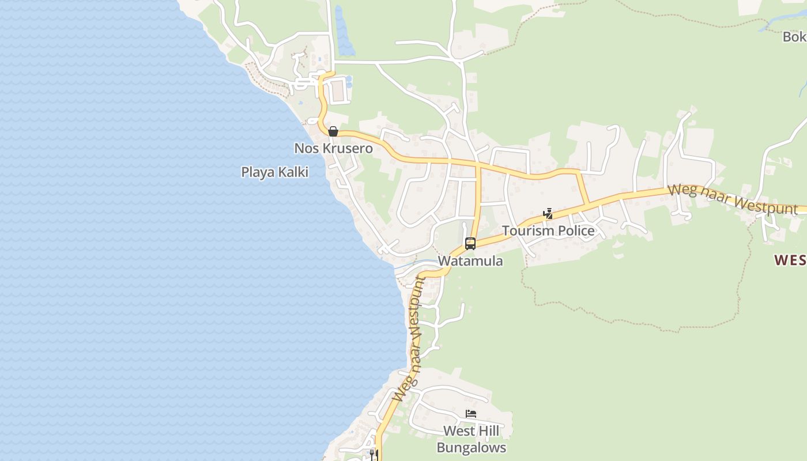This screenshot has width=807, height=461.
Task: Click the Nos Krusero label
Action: coord(333,149)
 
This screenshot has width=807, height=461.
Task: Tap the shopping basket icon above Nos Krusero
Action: coord(333,131)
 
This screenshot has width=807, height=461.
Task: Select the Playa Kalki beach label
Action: coord(274,172)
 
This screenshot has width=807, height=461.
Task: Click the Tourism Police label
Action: coord(548,231)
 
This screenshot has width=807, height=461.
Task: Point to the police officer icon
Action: coord(548,214)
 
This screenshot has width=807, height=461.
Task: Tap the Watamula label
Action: coord(470,261)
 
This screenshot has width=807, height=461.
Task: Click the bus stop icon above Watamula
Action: coord(470,244)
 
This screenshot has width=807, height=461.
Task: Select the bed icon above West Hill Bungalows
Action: coord(471,414)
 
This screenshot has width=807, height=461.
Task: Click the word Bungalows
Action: coord(471,448)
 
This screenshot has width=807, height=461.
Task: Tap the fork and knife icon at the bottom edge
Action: coord(374,455)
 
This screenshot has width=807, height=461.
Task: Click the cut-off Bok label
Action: coord(794,37)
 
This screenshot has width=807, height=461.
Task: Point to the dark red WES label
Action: coord(790,260)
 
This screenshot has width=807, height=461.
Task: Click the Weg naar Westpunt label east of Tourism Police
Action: coord(732,199)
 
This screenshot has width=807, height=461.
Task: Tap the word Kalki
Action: coord(293,172)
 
